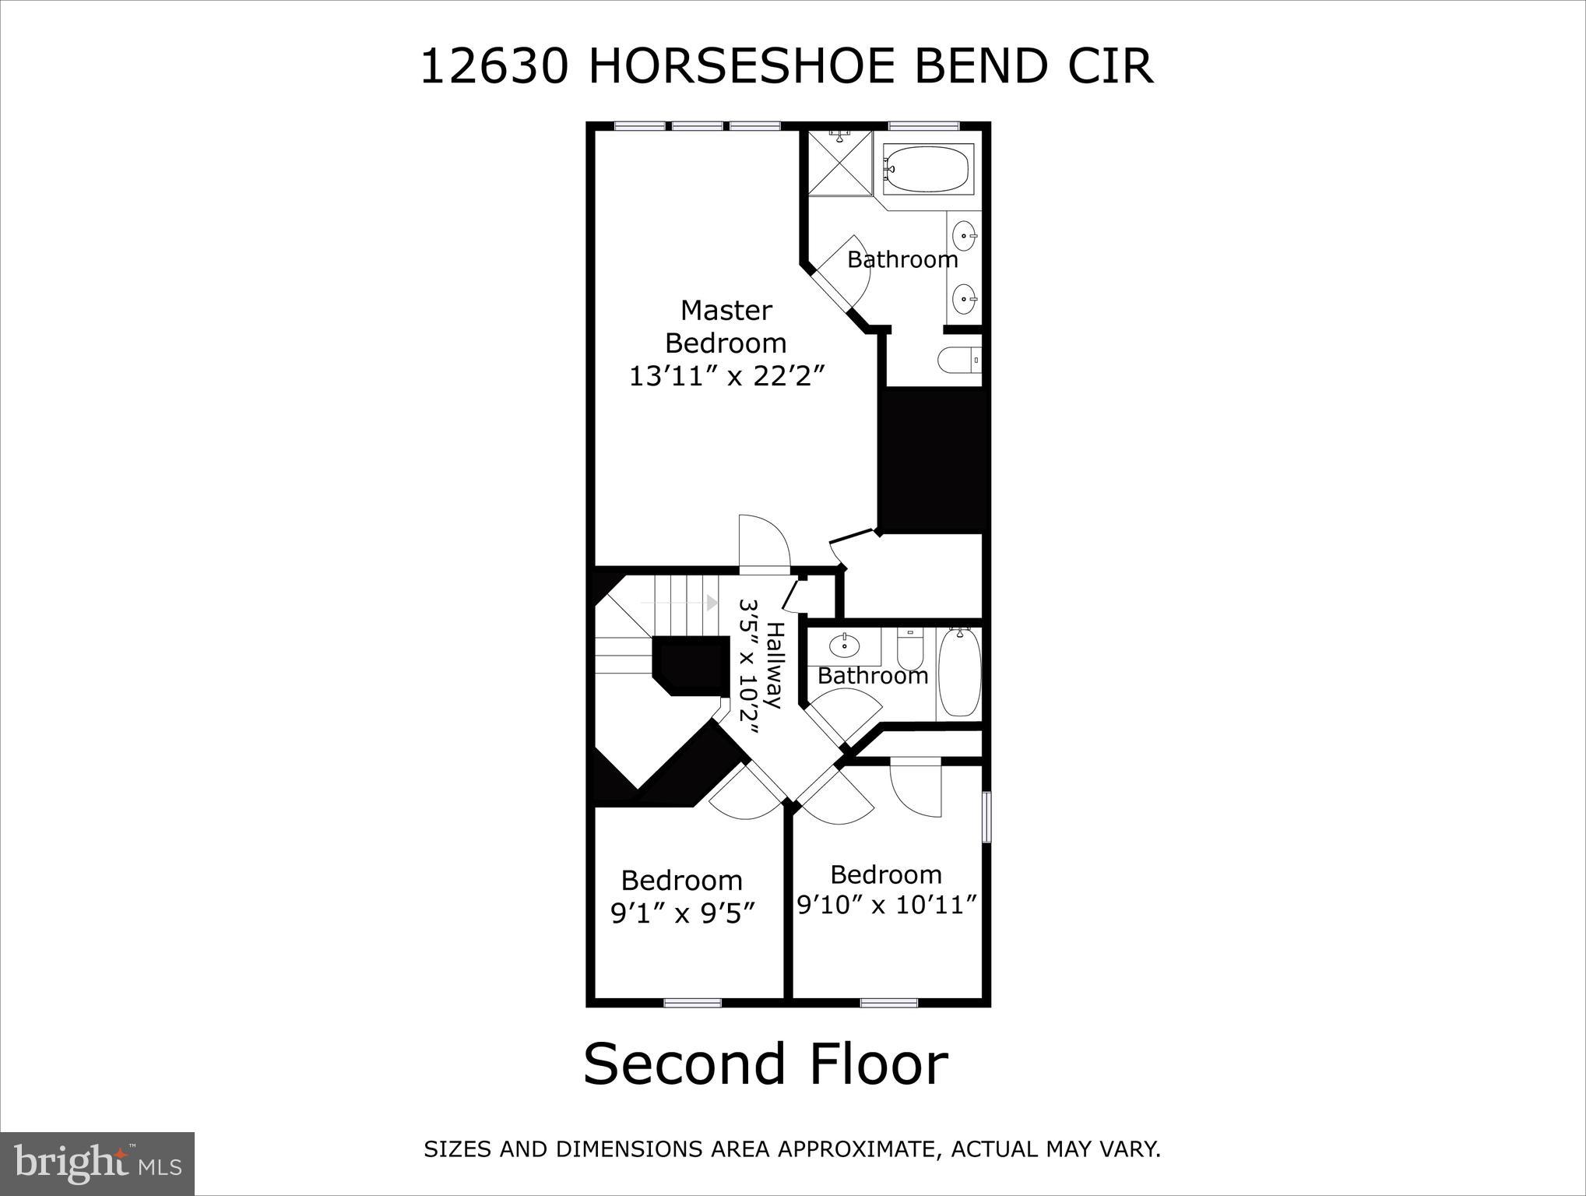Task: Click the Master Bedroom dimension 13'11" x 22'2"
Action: click(x=726, y=377)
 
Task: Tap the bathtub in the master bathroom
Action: click(x=927, y=169)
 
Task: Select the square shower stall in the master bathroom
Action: click(x=839, y=164)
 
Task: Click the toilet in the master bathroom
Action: click(x=958, y=360)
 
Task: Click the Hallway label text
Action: click(x=773, y=664)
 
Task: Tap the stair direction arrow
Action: click(x=711, y=602)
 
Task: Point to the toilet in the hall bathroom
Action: click(x=909, y=645)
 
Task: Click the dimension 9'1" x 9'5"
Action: click(x=683, y=913)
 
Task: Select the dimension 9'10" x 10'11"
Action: click(x=886, y=905)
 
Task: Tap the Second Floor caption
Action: click(x=765, y=1064)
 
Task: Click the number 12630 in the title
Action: click(x=493, y=67)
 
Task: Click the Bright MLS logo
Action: click(x=97, y=1163)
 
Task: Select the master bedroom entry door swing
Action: click(x=763, y=543)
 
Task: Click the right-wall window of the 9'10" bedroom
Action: click(x=986, y=817)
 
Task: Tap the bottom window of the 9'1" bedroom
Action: click(x=692, y=1003)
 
